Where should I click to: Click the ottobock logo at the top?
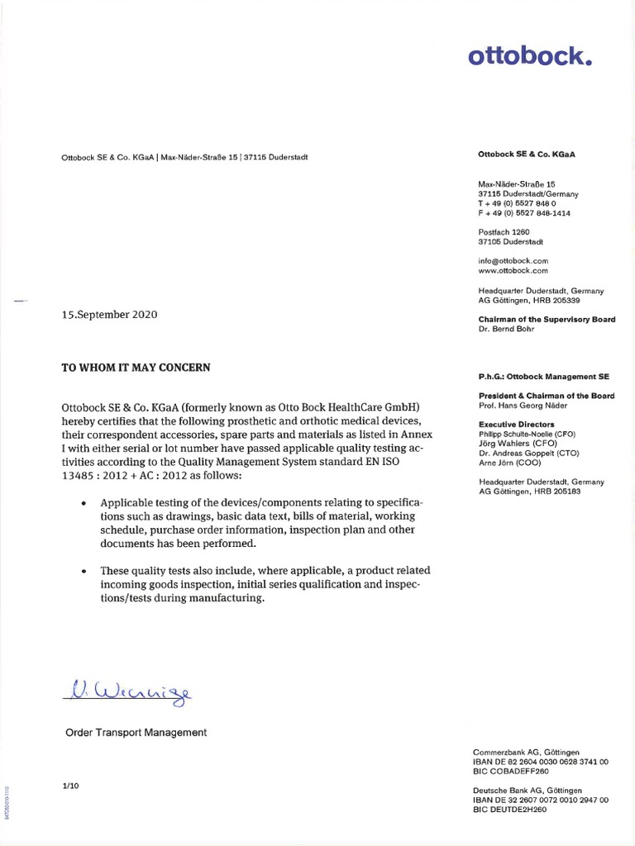pos(531,57)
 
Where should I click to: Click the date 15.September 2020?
pos(110,315)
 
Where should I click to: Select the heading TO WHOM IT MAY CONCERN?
pos(136,368)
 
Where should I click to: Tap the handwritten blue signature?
pos(129,689)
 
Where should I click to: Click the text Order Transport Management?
pos(136,732)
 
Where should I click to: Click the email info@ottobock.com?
pos(513,260)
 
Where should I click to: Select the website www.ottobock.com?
pos(513,270)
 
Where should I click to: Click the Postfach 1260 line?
pos(504,232)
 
